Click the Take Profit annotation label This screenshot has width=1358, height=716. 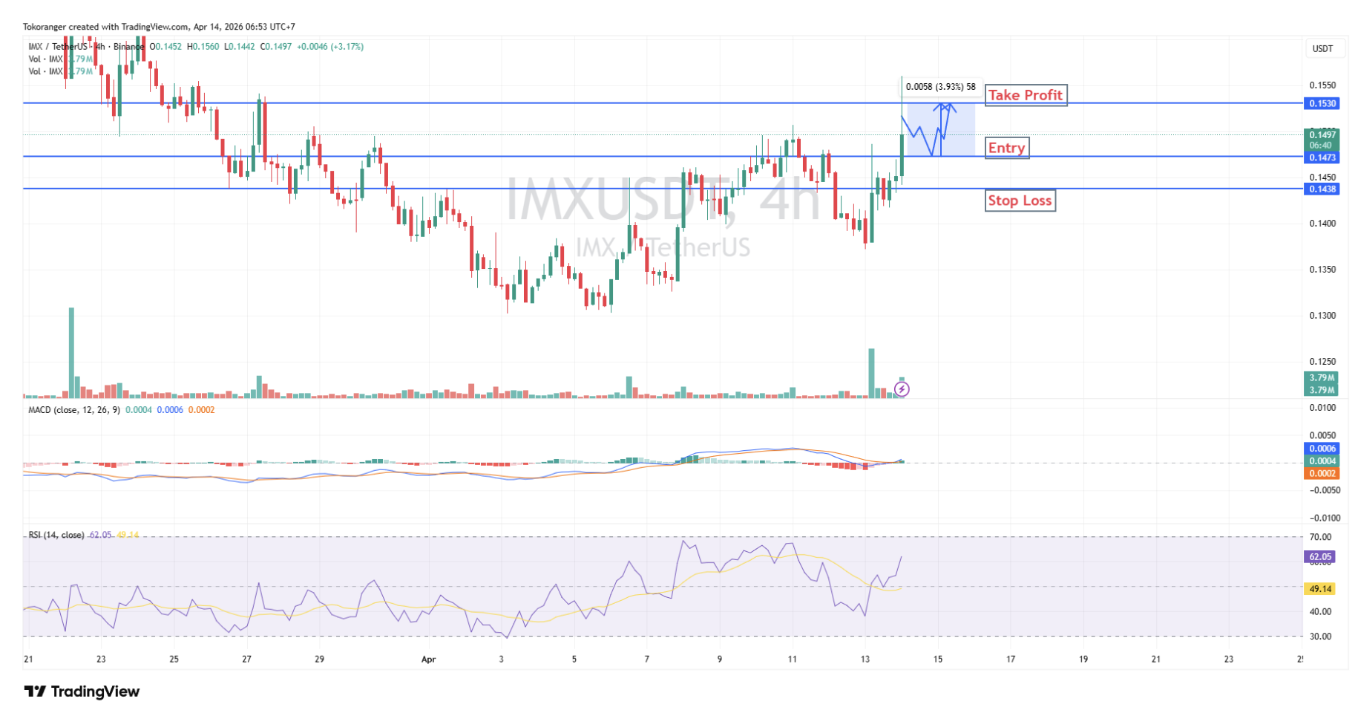pos(1026,95)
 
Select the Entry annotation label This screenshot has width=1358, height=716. pos(1006,148)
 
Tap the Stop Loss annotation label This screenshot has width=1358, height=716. pos(1020,201)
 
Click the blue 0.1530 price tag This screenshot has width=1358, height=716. pos(1322,104)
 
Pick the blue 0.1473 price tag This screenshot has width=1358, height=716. pos(1322,157)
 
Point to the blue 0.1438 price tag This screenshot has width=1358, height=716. pos(1322,189)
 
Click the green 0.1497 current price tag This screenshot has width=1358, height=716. pos(1322,134)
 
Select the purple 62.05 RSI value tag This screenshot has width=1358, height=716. pos(1320,556)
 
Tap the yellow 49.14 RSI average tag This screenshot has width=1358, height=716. pos(1320,589)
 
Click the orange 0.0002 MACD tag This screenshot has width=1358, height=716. pos(1322,473)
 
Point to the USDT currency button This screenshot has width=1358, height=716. pos(1322,49)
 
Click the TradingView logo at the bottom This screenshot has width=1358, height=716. pos(82,691)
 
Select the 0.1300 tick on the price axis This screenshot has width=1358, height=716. pos(1322,316)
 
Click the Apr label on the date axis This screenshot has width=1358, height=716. pos(428,659)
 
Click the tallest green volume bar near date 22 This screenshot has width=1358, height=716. pos(72,353)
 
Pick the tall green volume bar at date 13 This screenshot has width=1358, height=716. pos(871,373)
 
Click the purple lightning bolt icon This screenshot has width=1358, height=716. pos(902,388)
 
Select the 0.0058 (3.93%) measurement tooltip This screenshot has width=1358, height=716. pos(940,87)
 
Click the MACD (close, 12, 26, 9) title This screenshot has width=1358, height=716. pos(74,410)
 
